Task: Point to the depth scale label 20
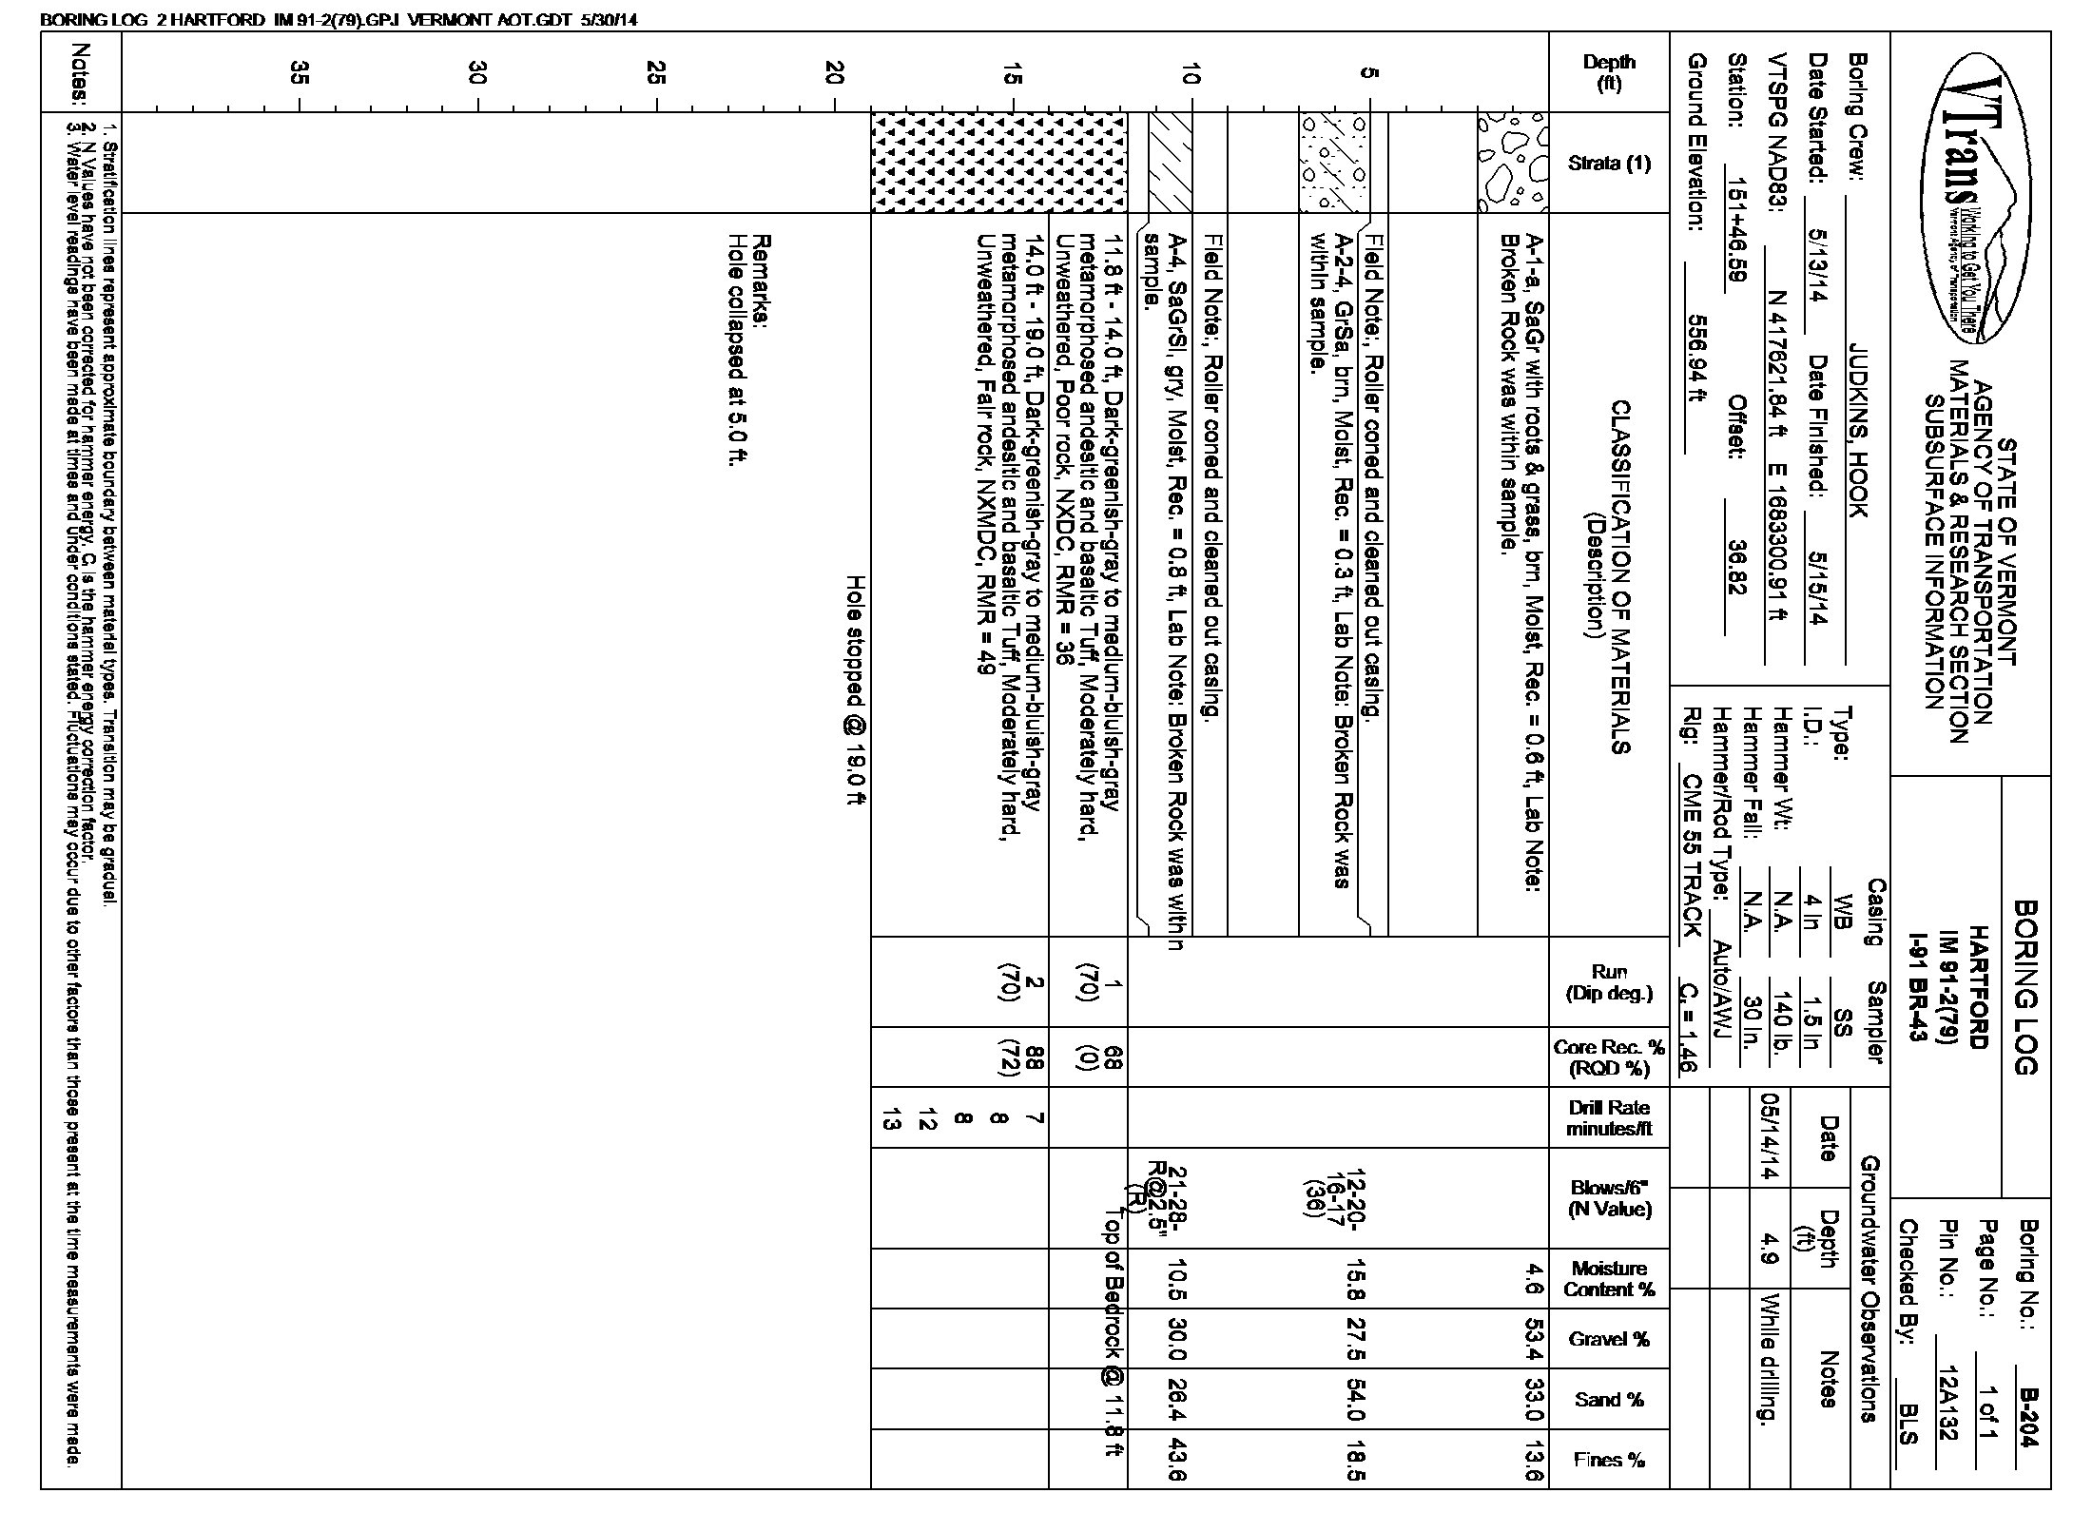point(834,72)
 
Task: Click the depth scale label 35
point(300,72)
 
